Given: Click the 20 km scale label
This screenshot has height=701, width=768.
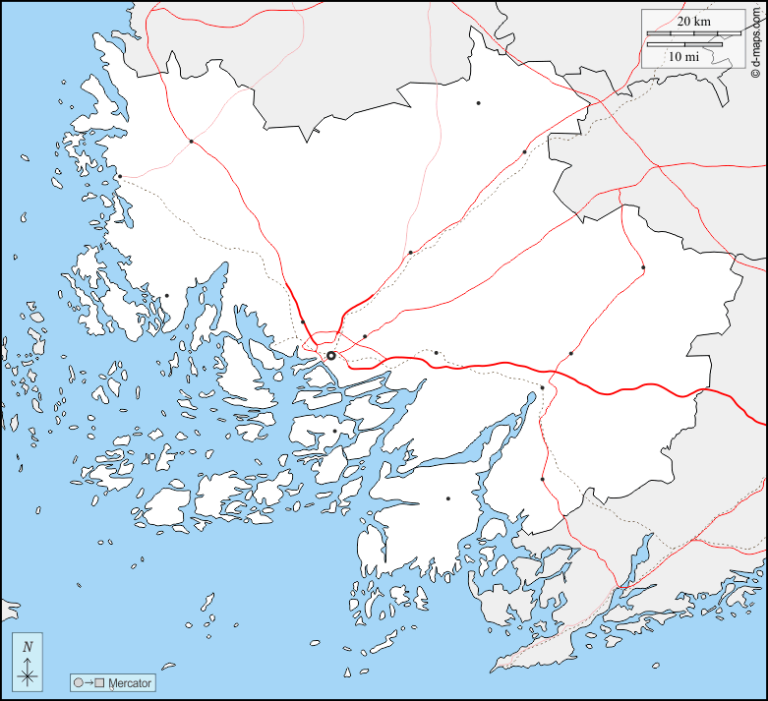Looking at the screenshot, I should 693,22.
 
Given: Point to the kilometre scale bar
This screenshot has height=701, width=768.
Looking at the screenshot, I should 684,34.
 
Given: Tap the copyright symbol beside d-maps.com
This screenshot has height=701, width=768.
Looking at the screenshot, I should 754,73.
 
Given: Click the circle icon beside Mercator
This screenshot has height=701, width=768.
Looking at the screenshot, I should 78,682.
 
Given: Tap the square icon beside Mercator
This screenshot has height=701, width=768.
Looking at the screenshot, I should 100,682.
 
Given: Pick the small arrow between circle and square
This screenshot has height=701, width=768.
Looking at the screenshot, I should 89,682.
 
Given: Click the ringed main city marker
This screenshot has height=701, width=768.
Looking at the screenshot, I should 331,355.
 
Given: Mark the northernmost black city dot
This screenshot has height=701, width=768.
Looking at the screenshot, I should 479,102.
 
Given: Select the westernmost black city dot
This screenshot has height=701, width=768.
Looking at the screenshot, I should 119,177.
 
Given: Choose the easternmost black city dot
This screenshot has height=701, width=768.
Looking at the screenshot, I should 643,267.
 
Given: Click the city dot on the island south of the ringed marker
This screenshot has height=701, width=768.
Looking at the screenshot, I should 334,431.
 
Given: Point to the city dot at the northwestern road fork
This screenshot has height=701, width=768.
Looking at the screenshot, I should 191,142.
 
